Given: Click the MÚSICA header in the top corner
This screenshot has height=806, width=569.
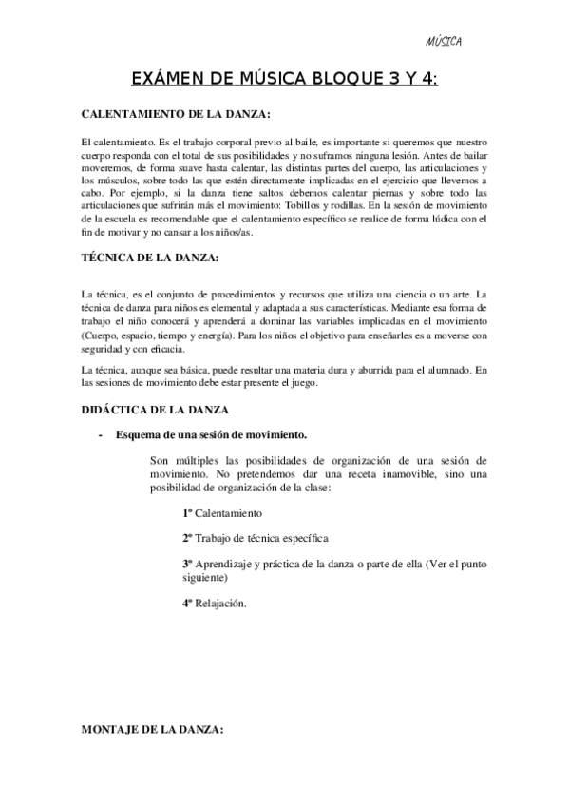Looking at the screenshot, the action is point(444,42).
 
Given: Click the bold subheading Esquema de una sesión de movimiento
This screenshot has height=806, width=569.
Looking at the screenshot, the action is point(210,435).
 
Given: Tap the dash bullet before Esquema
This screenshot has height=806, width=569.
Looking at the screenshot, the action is point(100,435).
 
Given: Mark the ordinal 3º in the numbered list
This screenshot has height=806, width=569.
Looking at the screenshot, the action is point(188,563).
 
